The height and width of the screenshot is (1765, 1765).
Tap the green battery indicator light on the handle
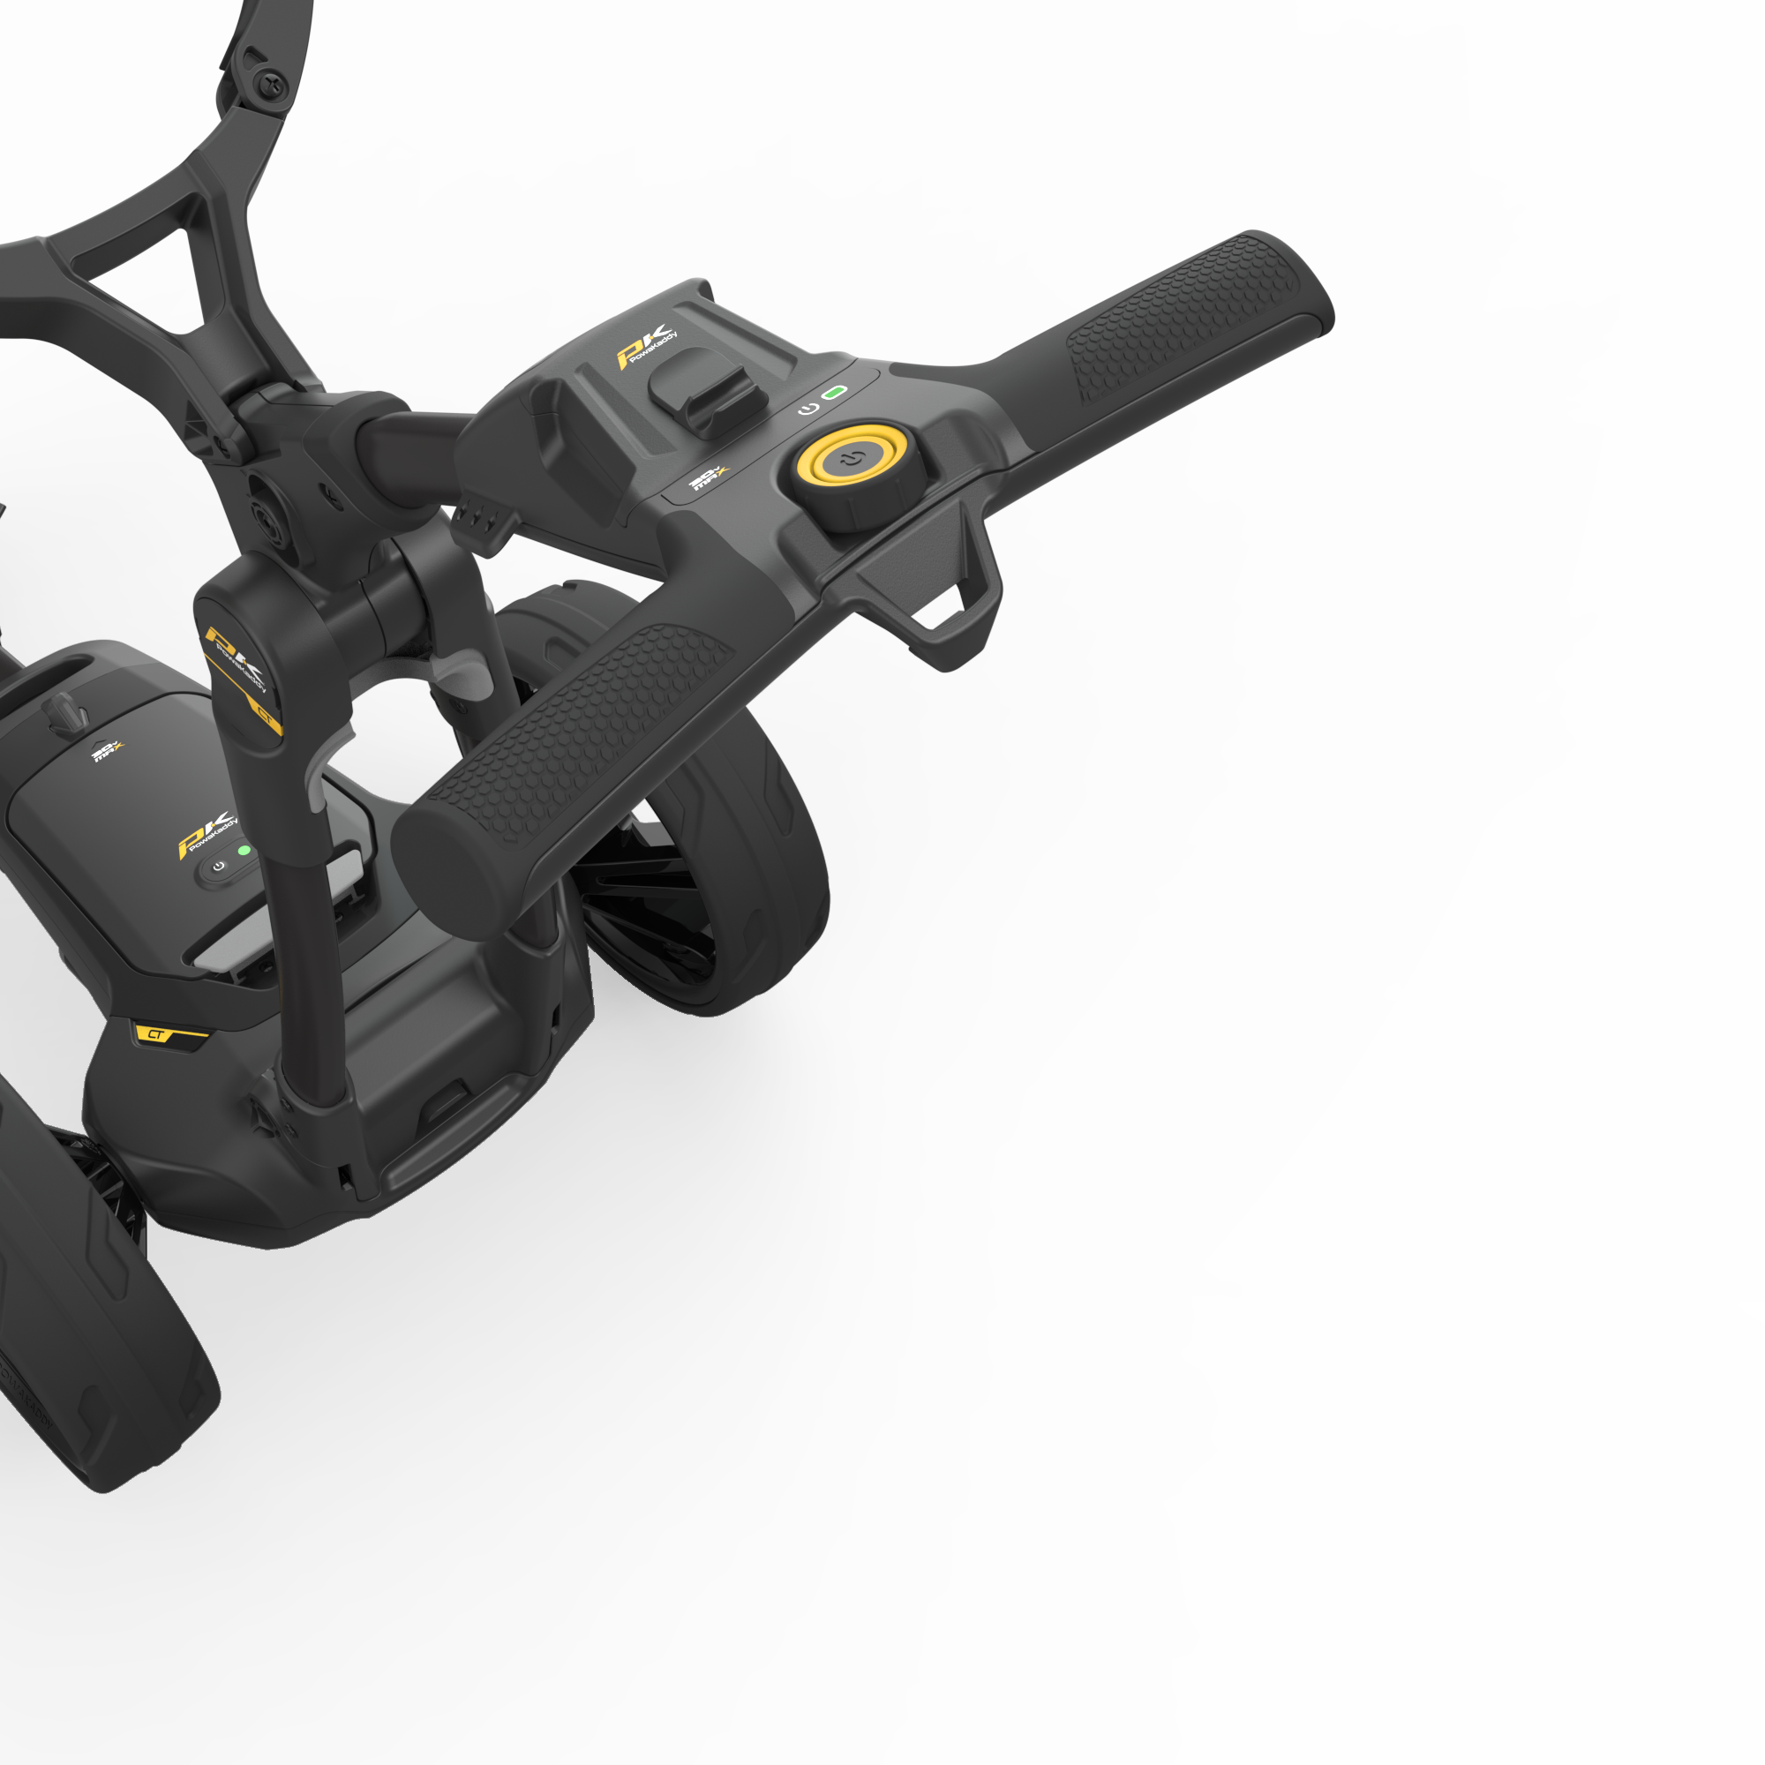point(834,393)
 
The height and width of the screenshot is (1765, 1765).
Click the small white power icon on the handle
point(807,409)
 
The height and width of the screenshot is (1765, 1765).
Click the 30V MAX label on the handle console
point(707,477)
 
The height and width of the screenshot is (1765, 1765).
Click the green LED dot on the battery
point(244,850)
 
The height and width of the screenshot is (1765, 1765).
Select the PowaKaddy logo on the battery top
point(207,831)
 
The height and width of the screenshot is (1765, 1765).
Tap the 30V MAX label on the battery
point(107,752)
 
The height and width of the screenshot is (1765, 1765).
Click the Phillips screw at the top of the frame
point(271,87)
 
